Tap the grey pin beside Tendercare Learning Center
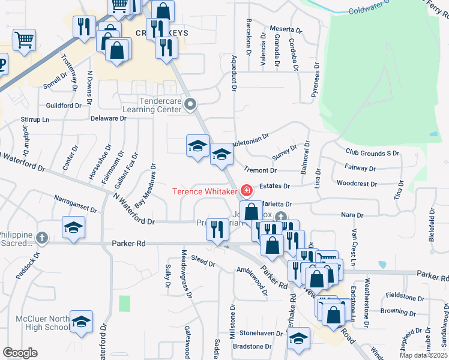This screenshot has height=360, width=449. coord(191,106)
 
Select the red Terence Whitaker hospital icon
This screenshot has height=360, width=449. coord(246,191)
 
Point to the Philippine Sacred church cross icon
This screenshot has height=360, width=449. coord(41,238)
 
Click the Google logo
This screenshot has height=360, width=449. coord(20,352)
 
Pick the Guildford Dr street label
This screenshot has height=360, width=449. coord(63,106)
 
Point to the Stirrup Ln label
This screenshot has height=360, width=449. coord(35,120)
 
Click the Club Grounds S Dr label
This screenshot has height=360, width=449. coord(372,153)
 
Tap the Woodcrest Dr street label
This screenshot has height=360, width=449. coord(357,184)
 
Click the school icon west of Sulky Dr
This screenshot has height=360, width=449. coord(74,227)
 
